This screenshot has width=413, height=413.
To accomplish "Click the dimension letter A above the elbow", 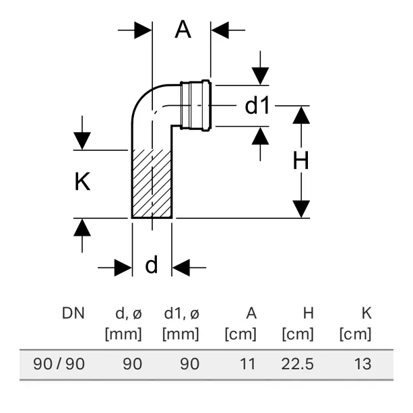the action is pyautogui.click(x=183, y=30).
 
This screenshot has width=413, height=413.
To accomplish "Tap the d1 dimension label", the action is pyautogui.click(x=257, y=106).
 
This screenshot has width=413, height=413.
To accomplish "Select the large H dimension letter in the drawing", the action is pyautogui.click(x=300, y=160).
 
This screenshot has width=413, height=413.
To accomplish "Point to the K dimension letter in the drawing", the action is pyautogui.click(x=82, y=181).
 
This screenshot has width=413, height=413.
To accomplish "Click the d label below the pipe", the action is pyautogui.click(x=152, y=265).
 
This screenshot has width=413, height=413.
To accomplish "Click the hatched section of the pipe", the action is pyautogui.click(x=152, y=184).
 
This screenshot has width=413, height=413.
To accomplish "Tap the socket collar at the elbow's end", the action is pyautogui.click(x=195, y=105).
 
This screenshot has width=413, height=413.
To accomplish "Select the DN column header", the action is pyautogui.click(x=73, y=313).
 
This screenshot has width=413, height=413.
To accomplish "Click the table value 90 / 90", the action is pyautogui.click(x=59, y=364).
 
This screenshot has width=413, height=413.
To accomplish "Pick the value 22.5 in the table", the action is pyautogui.click(x=298, y=364).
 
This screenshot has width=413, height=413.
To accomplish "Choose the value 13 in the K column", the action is pyautogui.click(x=363, y=364).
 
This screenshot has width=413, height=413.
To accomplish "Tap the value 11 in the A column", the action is pyautogui.click(x=248, y=364).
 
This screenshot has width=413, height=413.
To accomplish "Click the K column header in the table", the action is pyautogui.click(x=367, y=313).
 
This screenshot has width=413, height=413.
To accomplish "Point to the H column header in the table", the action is pyautogui.click(x=309, y=313).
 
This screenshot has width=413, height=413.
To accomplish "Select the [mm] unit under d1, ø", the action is pyautogui.click(x=181, y=334).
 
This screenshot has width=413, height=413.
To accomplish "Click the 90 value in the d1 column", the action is pyautogui.click(x=190, y=364).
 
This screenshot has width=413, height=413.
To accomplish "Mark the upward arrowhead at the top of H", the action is pyautogui.click(x=301, y=115).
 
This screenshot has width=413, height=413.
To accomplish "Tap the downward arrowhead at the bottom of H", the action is pyautogui.click(x=301, y=209).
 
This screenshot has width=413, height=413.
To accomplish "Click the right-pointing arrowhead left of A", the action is pyautogui.click(x=143, y=30).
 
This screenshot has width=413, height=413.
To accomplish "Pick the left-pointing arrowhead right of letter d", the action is pyautogui.click(x=181, y=267).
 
